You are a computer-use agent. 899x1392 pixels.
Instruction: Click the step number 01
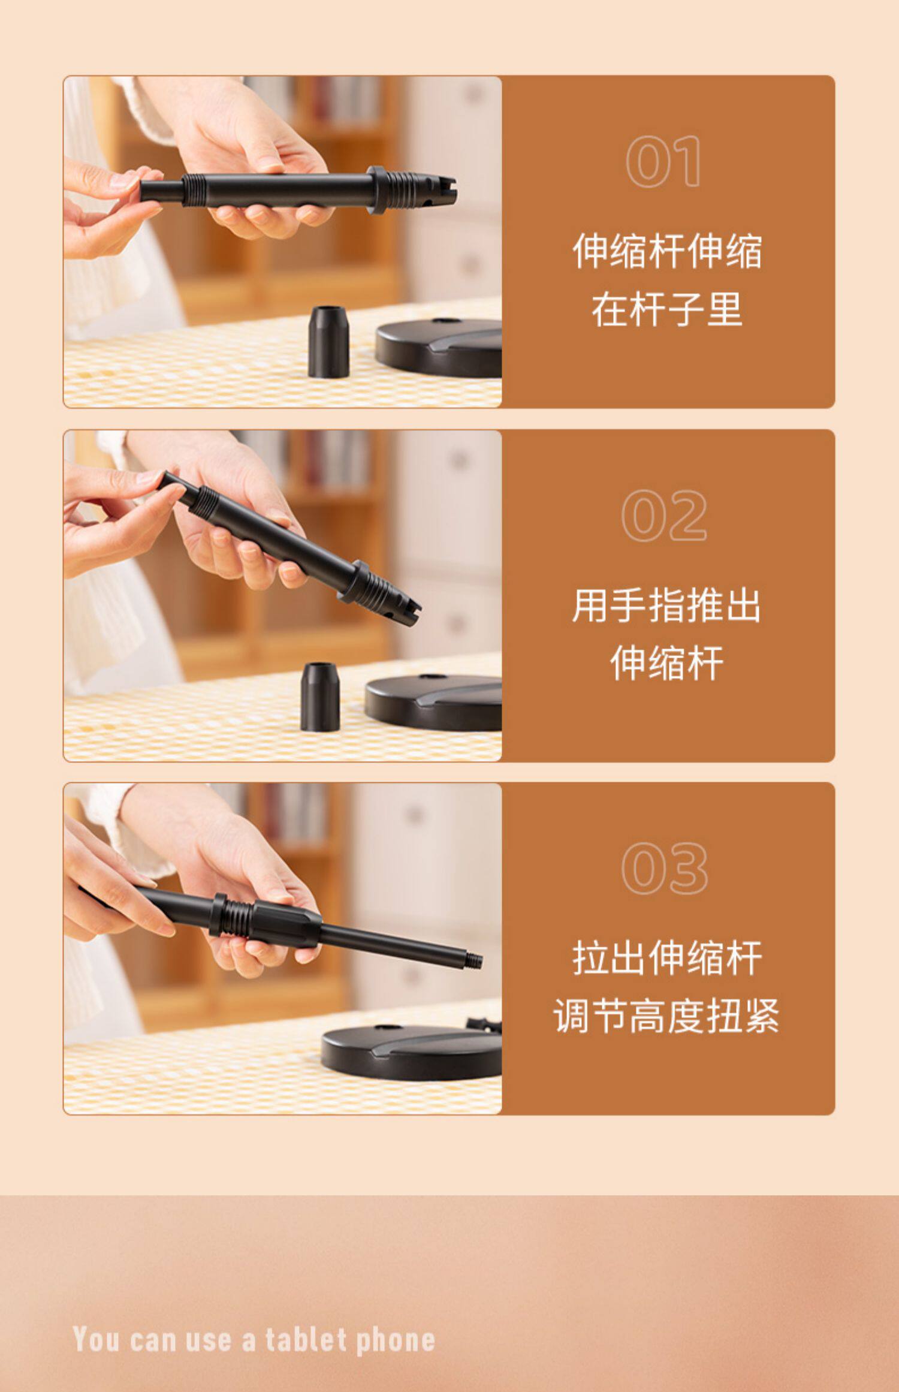[x=663, y=161]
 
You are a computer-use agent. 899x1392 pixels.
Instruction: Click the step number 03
[x=665, y=868]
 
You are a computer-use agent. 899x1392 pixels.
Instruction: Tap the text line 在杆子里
[x=667, y=309]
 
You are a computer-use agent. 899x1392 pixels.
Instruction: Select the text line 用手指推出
[x=666, y=605]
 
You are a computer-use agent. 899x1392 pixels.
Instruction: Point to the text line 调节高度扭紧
[x=666, y=1016]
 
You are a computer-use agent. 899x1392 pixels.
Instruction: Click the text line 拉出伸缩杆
[x=667, y=958]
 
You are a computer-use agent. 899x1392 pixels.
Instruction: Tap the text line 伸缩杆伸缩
[x=667, y=251]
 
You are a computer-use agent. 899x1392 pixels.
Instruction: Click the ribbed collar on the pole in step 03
[x=232, y=915]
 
